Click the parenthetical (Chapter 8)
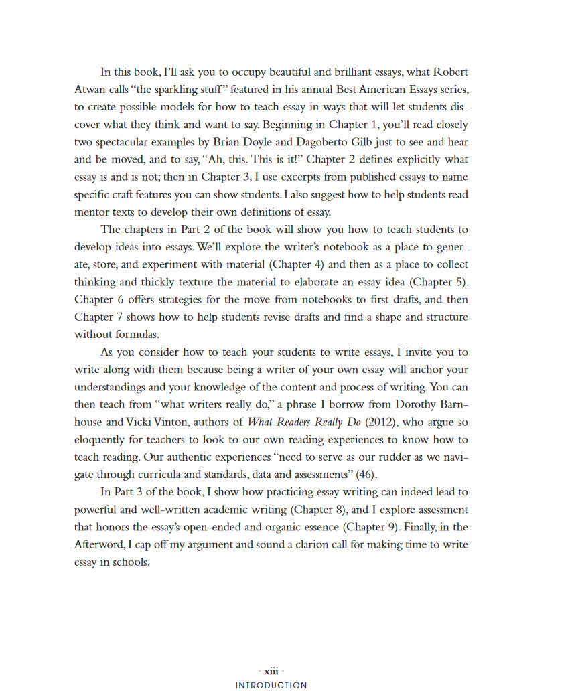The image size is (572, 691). pos(317,510)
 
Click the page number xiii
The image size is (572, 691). pos(271,670)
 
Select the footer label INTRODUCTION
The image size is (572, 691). pos(271,685)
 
